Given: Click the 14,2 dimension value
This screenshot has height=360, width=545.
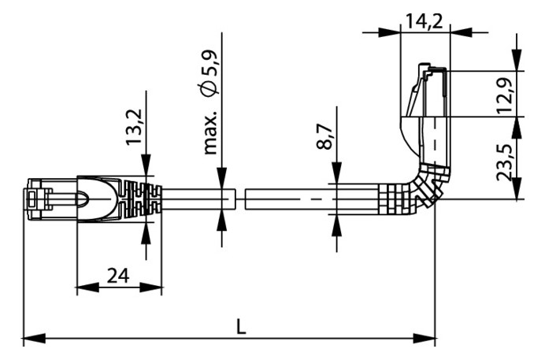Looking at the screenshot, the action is (x=425, y=21).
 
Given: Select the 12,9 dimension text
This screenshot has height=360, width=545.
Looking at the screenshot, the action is (x=505, y=95).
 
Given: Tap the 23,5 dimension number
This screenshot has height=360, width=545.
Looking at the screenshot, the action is (x=505, y=161).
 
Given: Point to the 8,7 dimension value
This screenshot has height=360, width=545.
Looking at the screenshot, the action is (x=325, y=136).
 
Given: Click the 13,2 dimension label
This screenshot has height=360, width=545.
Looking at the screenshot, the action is (x=134, y=127).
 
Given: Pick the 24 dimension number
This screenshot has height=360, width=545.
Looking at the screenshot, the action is (x=118, y=276).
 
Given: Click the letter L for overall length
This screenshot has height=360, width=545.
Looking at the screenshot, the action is (x=240, y=328).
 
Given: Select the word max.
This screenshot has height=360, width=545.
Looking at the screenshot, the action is (x=210, y=133).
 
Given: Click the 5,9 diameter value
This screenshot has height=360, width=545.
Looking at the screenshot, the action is (x=210, y=64).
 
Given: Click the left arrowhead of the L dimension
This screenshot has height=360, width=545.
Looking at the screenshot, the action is (x=34, y=337).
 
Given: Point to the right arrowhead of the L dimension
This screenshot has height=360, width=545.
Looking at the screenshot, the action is (x=424, y=337).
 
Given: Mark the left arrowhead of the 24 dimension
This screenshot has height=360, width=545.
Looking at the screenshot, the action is (x=87, y=288).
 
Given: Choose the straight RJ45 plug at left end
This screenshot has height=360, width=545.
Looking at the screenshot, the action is (x=50, y=199).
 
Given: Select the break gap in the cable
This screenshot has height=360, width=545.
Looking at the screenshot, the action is (x=240, y=199).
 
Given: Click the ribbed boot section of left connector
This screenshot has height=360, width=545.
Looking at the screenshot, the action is (x=141, y=199).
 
